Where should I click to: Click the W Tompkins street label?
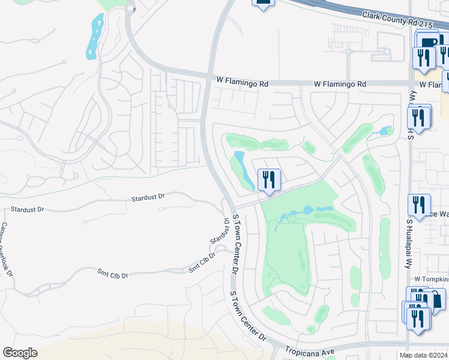[x=429, y=280]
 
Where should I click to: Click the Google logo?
[x=19, y=353]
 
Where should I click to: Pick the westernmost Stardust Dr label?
[x=27, y=210]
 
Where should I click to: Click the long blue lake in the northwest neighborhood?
[x=94, y=35]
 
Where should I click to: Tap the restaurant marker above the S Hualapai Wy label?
[x=418, y=205]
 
